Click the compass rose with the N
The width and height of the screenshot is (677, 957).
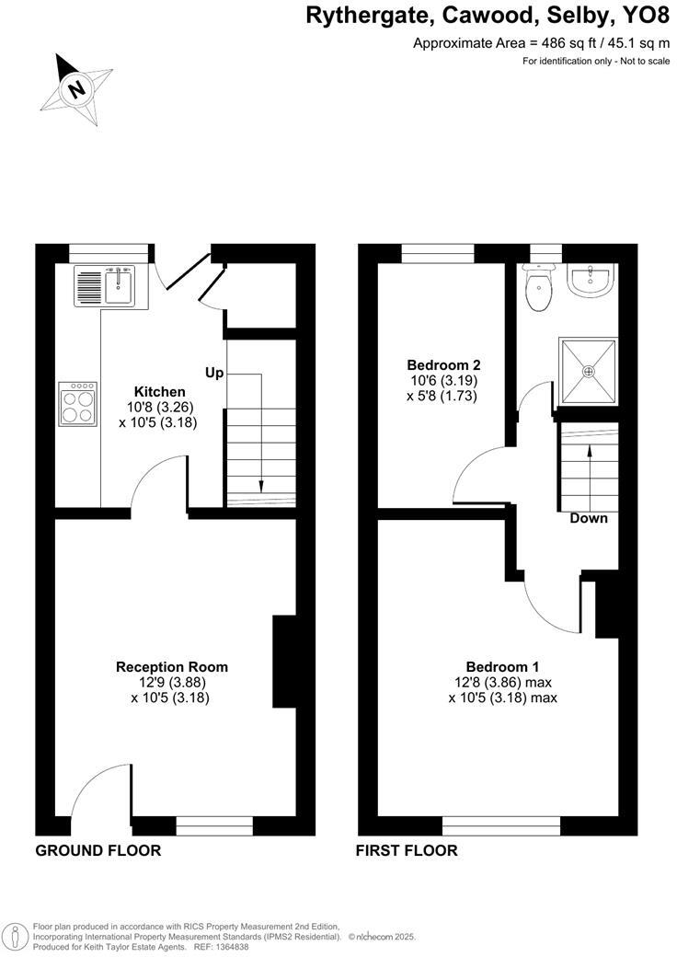click(78, 89)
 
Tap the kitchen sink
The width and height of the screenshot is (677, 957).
click(118, 284)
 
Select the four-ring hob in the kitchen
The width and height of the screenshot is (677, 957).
click(78, 404)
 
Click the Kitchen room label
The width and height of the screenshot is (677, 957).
click(160, 392)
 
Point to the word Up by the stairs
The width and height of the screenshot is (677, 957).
click(214, 373)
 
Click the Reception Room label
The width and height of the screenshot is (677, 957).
click(171, 666)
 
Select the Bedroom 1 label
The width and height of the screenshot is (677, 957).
click(502, 666)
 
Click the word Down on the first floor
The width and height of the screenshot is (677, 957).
click(589, 518)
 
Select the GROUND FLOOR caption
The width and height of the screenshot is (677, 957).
click(98, 850)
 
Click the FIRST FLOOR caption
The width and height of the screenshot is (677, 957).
click(407, 850)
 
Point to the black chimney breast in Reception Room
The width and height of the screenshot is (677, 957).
click(284, 662)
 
